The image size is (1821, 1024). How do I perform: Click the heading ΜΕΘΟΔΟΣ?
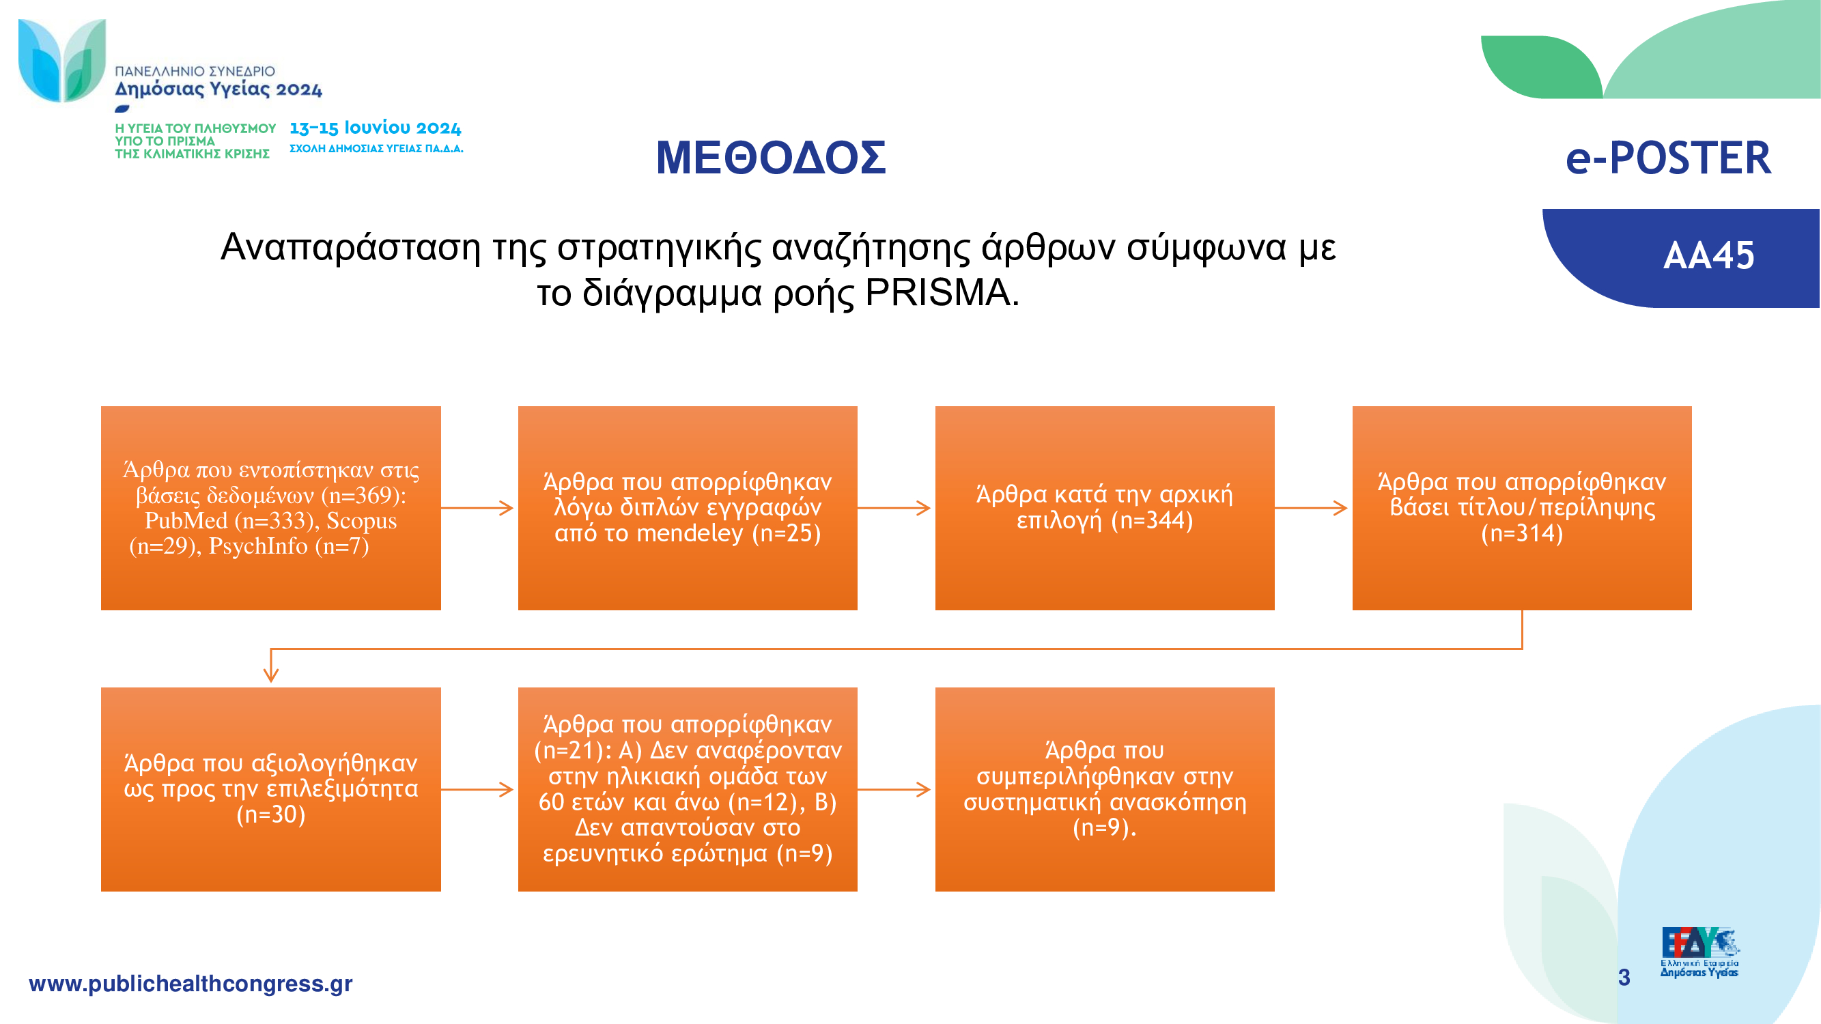771,158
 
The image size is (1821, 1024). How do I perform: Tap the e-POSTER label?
1668,158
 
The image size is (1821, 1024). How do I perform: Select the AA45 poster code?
1708,255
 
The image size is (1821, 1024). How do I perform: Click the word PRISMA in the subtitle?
939,293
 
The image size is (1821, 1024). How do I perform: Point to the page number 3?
1624,978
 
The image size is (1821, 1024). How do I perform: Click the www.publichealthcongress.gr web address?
190,984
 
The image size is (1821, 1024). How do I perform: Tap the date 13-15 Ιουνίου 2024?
376,128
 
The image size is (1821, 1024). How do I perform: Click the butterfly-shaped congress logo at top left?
62,61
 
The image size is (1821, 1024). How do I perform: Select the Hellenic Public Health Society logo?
1699,952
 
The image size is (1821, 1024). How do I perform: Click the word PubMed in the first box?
186,521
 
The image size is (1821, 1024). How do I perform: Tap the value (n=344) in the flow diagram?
1153,520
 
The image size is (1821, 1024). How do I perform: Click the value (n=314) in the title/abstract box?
1522,533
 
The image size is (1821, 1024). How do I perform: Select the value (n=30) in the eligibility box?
271,814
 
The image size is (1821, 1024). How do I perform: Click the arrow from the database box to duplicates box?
477,507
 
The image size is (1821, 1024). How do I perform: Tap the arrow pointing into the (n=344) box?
894,507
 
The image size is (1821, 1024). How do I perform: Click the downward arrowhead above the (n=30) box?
271,675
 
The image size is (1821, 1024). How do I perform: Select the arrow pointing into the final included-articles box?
894,789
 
